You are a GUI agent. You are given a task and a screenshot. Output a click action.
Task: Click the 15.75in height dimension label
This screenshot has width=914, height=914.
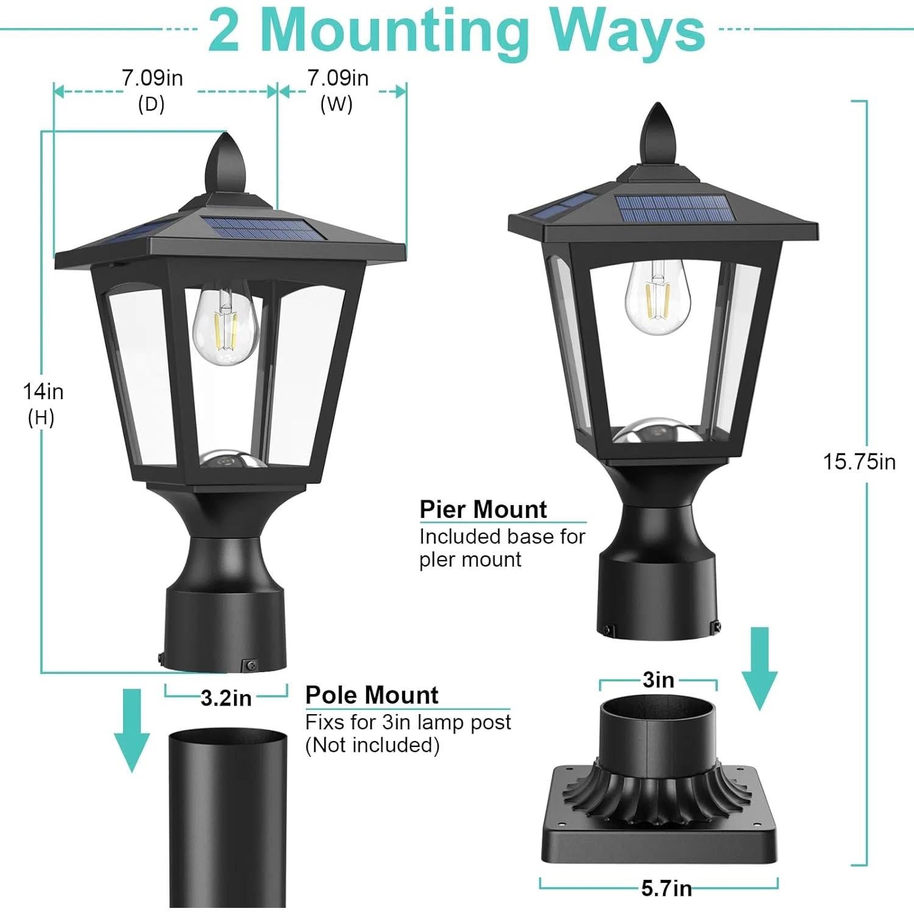point(859,462)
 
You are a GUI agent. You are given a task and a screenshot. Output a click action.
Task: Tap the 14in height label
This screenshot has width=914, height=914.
point(43,392)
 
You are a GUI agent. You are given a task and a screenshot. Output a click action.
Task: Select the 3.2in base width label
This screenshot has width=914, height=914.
point(226,698)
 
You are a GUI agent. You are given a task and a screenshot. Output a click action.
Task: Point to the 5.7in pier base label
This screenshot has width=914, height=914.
point(666,889)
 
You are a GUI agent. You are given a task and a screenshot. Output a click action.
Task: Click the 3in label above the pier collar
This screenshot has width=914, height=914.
point(658,680)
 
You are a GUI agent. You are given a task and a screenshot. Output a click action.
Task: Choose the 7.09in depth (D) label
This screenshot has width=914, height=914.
point(152,79)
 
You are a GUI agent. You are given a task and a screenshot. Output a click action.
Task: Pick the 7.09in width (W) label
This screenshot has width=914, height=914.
point(338,79)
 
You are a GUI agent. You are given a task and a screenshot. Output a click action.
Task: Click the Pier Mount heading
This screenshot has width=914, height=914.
point(483,509)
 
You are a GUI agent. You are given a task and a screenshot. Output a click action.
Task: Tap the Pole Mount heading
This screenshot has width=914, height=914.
point(372,695)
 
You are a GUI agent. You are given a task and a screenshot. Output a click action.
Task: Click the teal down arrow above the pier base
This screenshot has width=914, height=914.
point(759,667)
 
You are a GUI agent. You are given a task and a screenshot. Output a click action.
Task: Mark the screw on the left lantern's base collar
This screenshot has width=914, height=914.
point(250,665)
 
